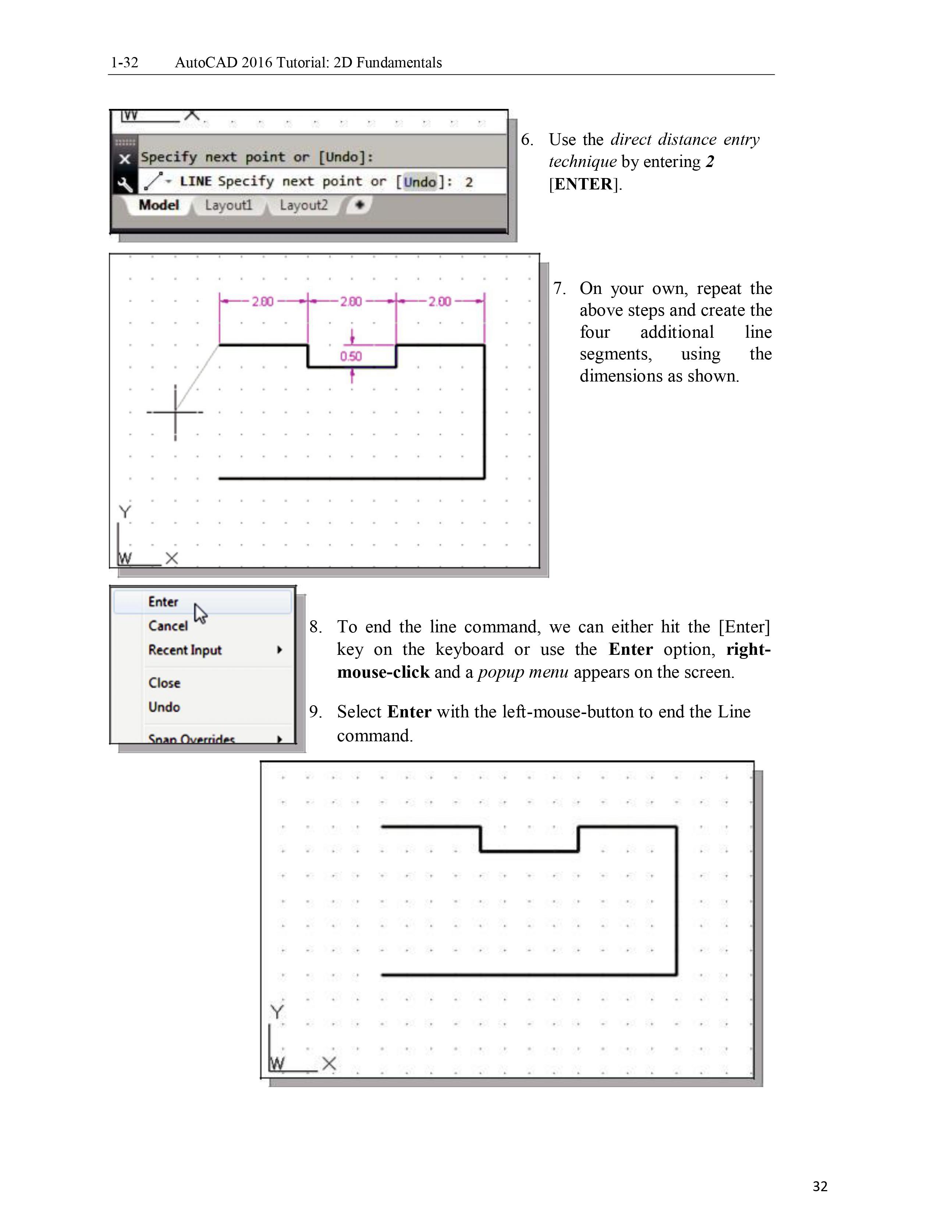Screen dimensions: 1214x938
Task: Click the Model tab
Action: [x=159, y=205]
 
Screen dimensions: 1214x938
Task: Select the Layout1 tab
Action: [x=228, y=205]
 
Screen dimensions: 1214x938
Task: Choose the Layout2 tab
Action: [x=303, y=205]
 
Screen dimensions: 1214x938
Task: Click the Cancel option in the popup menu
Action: [x=168, y=626]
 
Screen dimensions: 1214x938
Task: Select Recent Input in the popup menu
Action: [x=185, y=650]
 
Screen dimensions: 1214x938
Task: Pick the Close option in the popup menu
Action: [x=164, y=682]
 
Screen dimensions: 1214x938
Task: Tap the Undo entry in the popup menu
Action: [x=164, y=707]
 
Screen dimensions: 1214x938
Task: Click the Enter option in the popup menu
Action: [x=163, y=602]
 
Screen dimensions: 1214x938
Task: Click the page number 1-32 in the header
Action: [x=124, y=62]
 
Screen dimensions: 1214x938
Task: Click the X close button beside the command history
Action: [x=124, y=159]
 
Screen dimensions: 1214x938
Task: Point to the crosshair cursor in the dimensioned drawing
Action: [x=175, y=412]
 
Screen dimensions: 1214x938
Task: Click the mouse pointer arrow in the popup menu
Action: [x=199, y=613]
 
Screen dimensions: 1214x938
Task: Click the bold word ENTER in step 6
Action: [x=583, y=184]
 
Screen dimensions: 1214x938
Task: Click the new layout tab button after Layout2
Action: [x=359, y=205]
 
